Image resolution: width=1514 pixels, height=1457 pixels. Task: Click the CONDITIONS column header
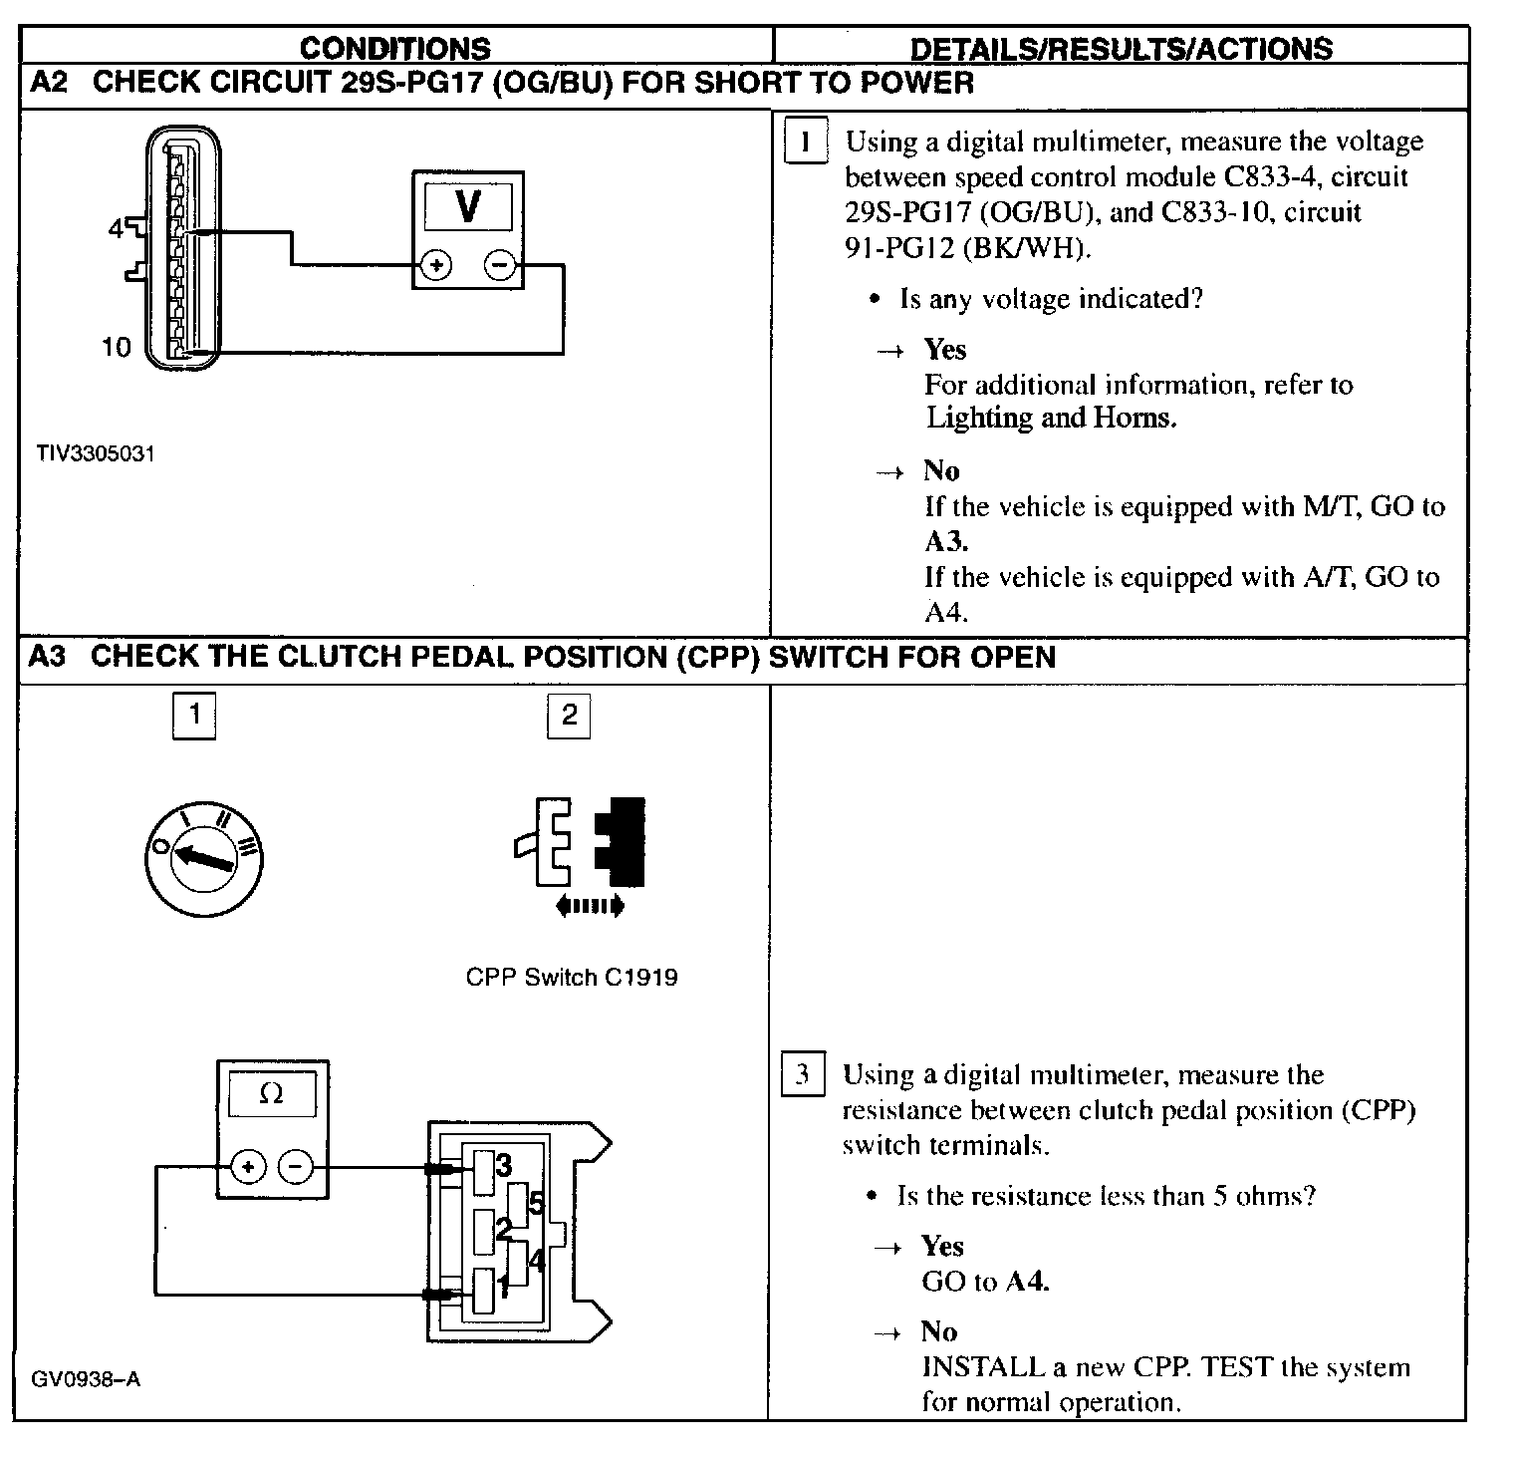[x=395, y=48]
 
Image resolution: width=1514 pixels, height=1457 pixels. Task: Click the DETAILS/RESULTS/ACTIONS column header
[x=1122, y=49]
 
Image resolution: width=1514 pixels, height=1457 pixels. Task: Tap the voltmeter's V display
[x=467, y=206]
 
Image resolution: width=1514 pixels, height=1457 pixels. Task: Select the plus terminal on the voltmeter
[x=436, y=265]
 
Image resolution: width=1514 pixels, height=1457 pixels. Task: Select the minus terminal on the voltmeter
[x=500, y=265]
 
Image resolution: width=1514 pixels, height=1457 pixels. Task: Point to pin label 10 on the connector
[x=117, y=347]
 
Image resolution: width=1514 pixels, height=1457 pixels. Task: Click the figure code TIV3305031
[x=96, y=453]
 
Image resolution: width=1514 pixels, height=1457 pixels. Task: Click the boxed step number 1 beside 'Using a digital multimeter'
[x=805, y=141]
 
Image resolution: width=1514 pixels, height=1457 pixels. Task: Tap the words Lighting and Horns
[x=1051, y=418]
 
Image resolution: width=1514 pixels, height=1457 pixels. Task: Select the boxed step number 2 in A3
[x=569, y=715]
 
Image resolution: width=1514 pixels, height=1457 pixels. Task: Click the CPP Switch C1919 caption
[x=572, y=977]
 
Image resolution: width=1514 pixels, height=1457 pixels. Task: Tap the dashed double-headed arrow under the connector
[x=590, y=905]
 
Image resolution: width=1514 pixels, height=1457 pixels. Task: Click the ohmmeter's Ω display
[x=271, y=1094]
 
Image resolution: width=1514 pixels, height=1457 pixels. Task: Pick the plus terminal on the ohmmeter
[x=248, y=1166]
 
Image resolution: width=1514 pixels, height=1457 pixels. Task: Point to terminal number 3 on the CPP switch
[x=504, y=1164]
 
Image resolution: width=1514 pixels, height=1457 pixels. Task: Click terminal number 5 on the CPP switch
[x=536, y=1204]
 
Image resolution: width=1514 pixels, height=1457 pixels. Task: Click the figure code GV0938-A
[x=86, y=1379]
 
